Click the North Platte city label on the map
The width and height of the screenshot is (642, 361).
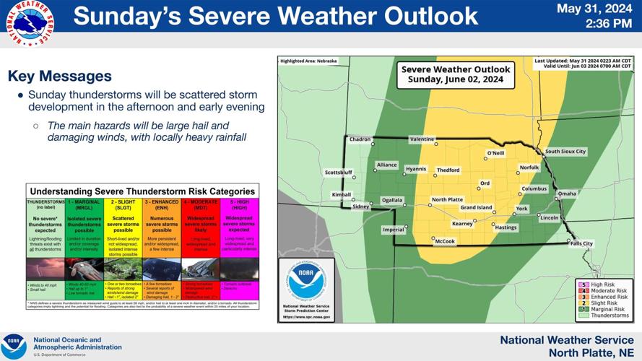tap(447, 200)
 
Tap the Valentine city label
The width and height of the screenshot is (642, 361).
tap(422, 139)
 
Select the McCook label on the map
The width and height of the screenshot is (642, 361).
tap(444, 241)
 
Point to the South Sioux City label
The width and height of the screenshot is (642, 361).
tap(565, 152)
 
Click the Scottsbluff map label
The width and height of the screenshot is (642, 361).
tap(338, 173)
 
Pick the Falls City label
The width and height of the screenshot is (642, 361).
tap(581, 244)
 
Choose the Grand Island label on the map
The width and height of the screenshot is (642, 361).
tap(476, 208)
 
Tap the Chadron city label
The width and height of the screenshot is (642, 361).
tap(360, 139)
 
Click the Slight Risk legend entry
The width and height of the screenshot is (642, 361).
tap(609, 303)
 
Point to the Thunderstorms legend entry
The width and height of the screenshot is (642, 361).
tap(610, 316)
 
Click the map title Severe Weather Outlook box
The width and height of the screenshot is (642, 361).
tap(456, 74)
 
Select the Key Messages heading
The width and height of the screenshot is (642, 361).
tap(59, 76)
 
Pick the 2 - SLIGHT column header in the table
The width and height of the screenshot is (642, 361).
tap(123, 204)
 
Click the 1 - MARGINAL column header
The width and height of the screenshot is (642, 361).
tap(84, 204)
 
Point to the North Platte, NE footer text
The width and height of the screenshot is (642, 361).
tap(591, 352)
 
